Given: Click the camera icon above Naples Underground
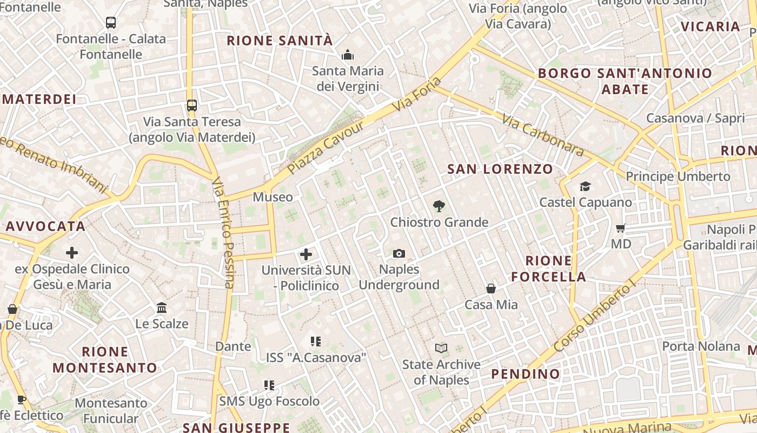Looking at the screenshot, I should tap(399, 253).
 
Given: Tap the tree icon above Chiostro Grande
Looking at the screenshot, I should tap(439, 206).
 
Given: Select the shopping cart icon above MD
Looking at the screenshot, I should tap(621, 228).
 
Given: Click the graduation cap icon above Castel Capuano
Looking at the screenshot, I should tap(585, 187).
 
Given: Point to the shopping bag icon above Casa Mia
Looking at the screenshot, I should tap(491, 288).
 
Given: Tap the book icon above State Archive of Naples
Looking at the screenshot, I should tap(441, 349).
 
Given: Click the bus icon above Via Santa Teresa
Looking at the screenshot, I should tap(192, 105).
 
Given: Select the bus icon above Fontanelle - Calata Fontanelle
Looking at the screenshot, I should tap(111, 23).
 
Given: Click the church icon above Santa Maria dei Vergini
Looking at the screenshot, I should tap(347, 55).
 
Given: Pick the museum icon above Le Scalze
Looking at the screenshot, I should tap(162, 308).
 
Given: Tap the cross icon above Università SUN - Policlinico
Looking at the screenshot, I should tap(306, 254).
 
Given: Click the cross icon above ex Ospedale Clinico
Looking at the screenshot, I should tap(72, 253).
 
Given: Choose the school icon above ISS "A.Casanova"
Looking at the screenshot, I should tap(316, 342).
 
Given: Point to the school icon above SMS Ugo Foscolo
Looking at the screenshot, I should tap(269, 385).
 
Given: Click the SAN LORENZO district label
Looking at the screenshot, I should tap(500, 169).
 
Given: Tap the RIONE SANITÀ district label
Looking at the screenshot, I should tap(280, 41).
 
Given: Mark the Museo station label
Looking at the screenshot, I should tap(273, 197).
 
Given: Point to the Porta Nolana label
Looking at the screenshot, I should tap(701, 346).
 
